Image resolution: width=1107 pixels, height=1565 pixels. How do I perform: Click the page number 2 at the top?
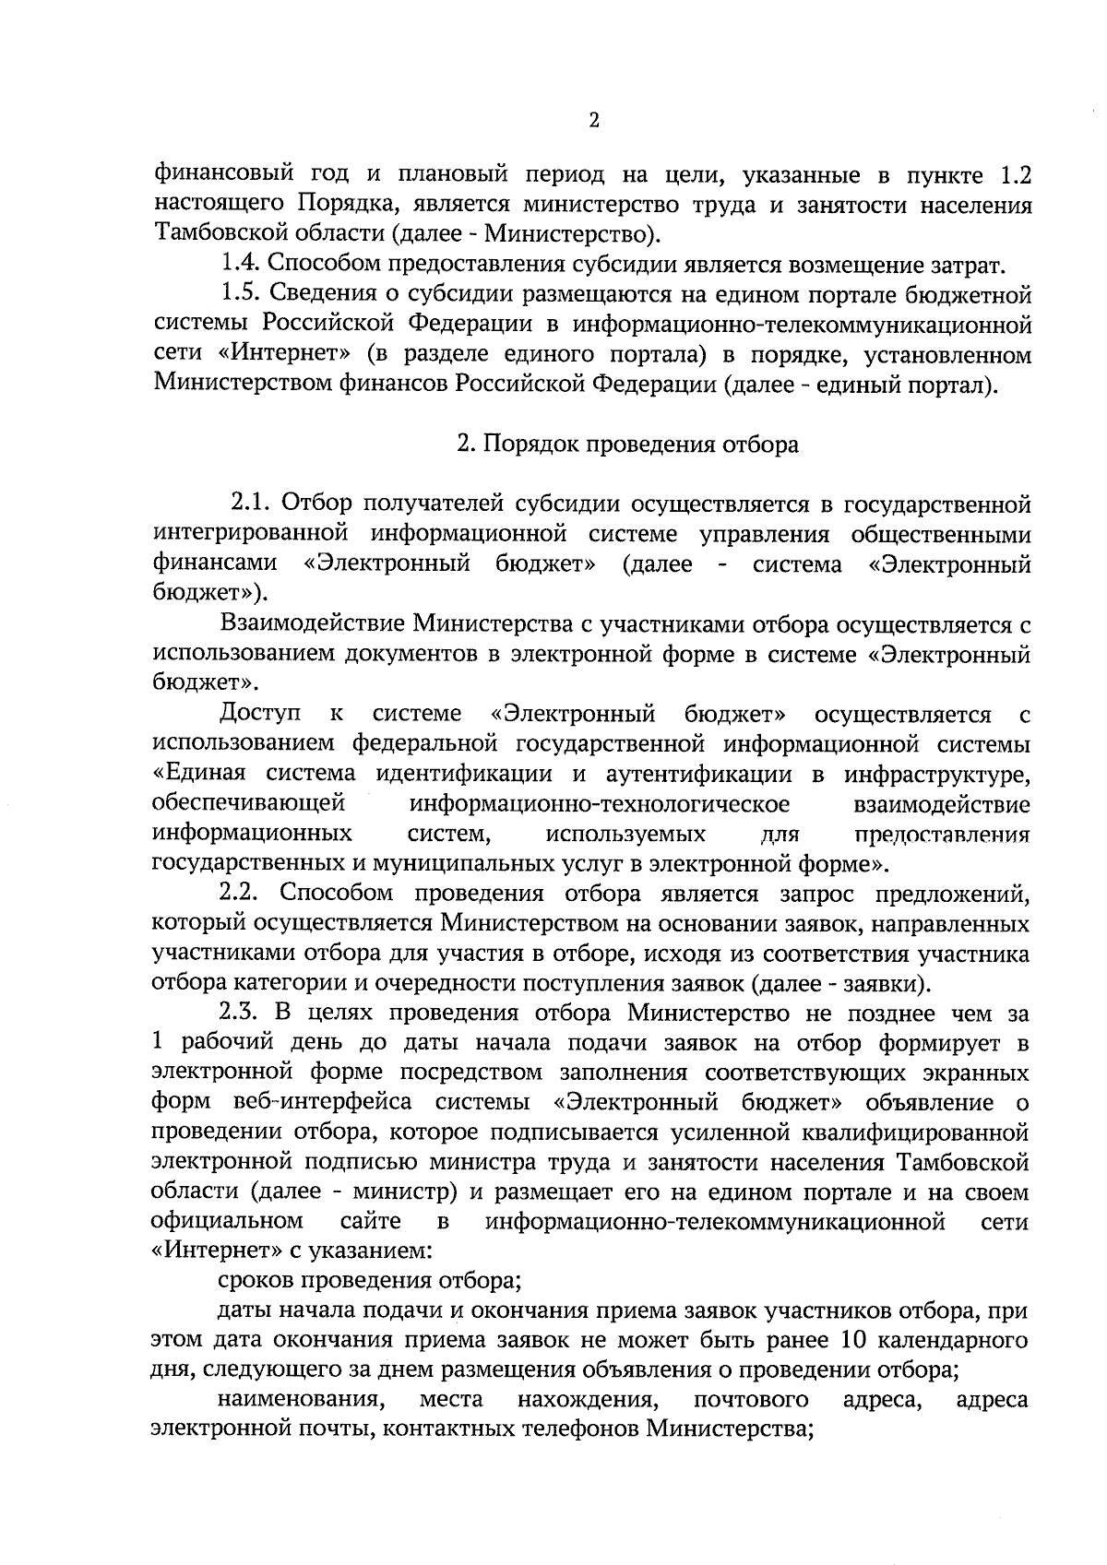tap(594, 121)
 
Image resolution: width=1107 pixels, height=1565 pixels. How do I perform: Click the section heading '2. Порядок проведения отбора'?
tap(627, 445)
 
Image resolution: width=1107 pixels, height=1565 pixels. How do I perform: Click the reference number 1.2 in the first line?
tap(1015, 173)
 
